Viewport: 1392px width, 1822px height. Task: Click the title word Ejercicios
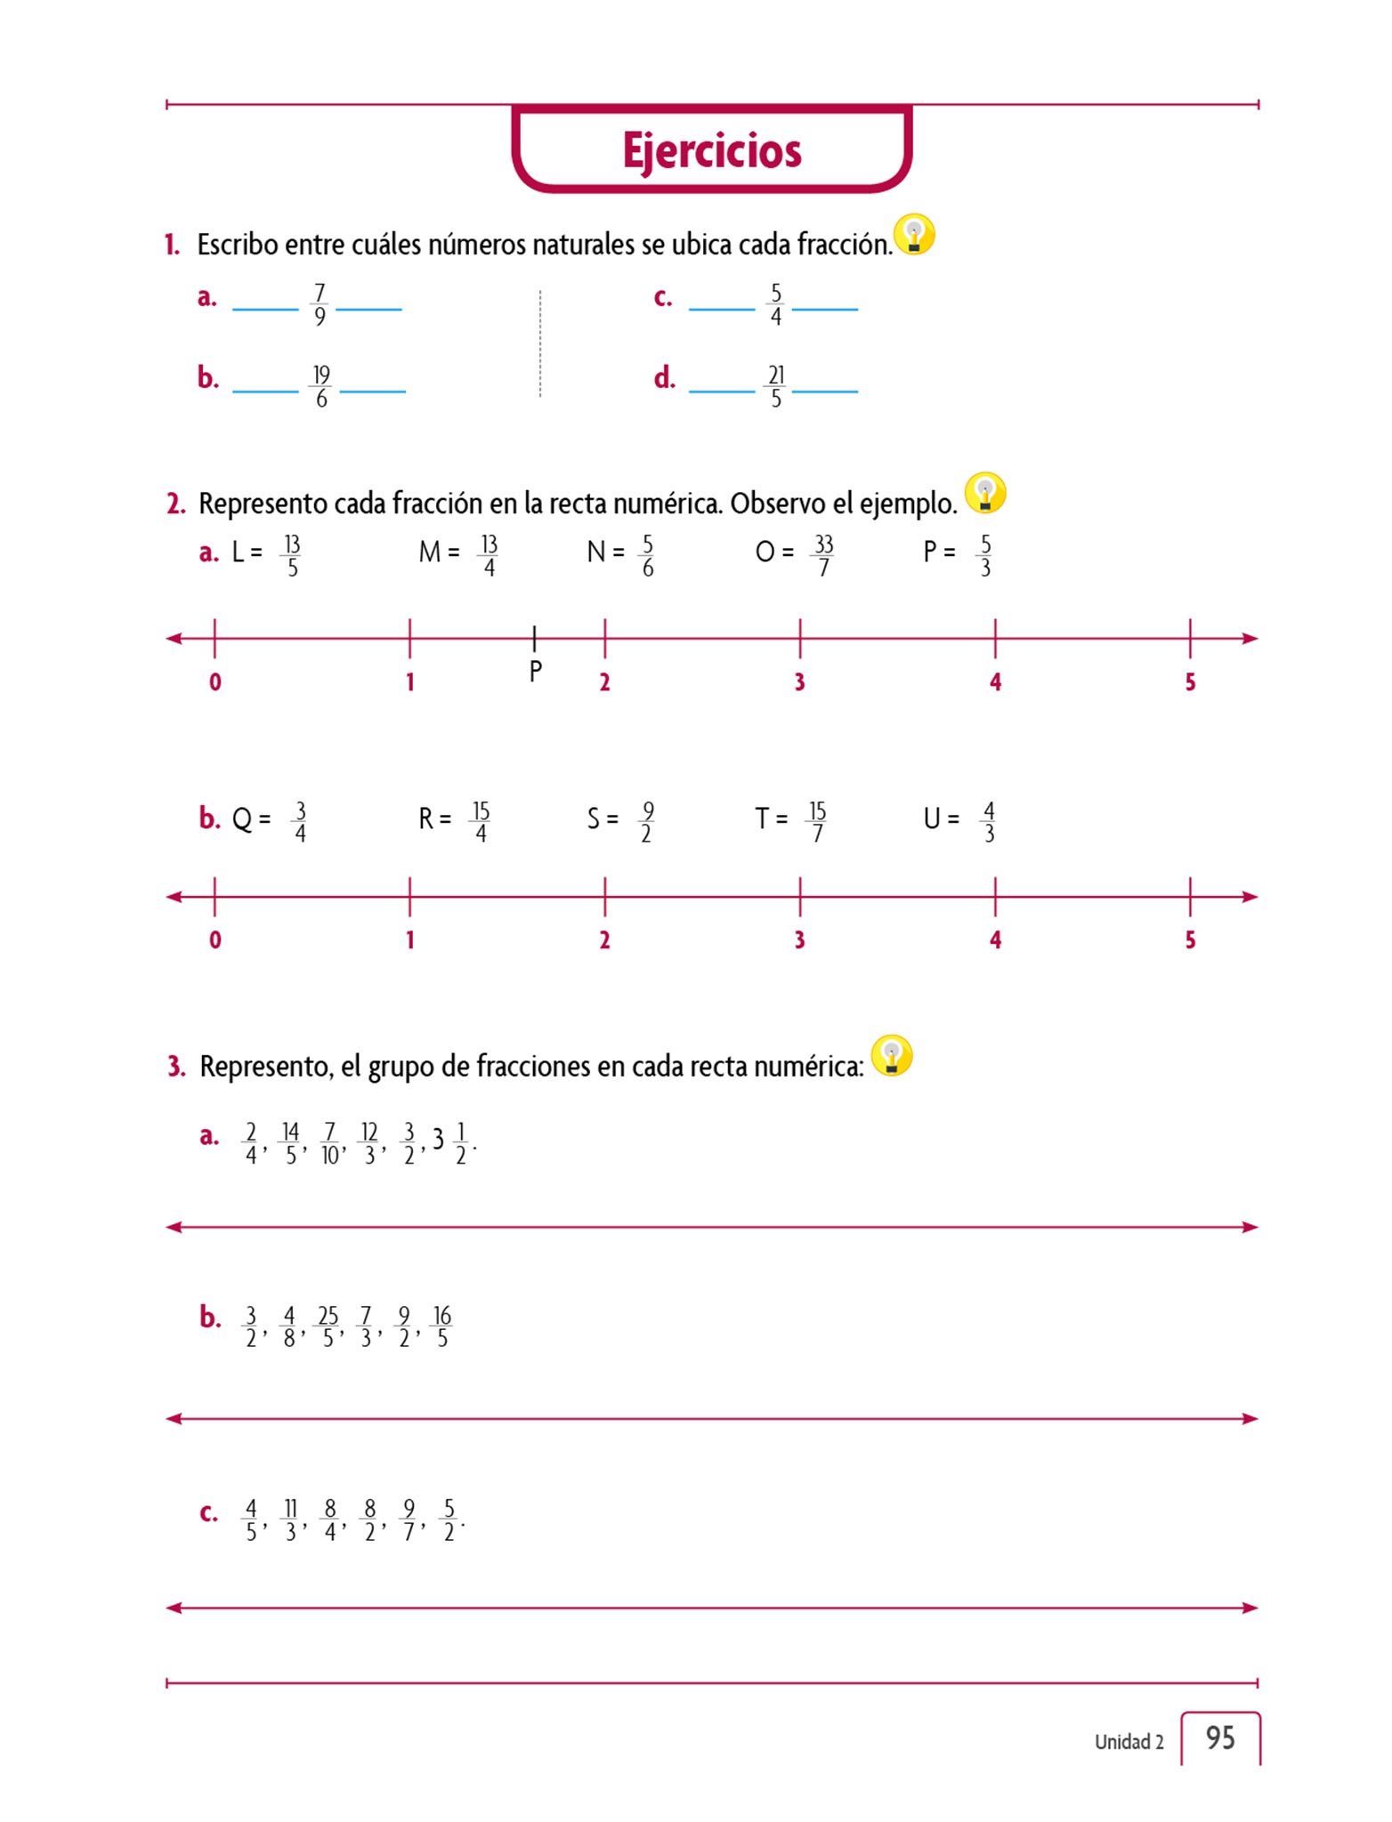click(x=711, y=150)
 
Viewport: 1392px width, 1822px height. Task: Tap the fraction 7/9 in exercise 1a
click(x=320, y=305)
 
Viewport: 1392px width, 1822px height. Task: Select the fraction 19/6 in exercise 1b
click(x=321, y=387)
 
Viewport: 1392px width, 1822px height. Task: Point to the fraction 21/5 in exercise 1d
click(x=776, y=387)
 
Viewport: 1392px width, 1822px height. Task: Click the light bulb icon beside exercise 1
click(x=914, y=235)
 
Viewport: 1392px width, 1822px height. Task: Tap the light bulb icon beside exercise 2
click(x=985, y=493)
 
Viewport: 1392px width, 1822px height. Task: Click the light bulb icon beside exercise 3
click(x=892, y=1056)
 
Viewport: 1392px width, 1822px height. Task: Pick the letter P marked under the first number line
click(x=535, y=671)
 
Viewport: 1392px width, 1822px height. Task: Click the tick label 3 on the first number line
click(x=799, y=682)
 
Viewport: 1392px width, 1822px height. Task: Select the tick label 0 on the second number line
click(x=214, y=940)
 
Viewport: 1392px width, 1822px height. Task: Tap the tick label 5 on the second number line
click(x=1190, y=940)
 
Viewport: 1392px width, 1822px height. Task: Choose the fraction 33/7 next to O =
click(x=823, y=556)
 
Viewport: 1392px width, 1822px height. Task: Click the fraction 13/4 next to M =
click(x=489, y=556)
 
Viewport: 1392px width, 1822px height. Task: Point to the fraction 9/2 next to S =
click(x=647, y=822)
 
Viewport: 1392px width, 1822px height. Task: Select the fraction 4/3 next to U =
click(x=988, y=822)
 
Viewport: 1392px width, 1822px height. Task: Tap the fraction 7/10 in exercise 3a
click(x=330, y=1143)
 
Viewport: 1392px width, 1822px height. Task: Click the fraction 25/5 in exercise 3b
click(x=328, y=1326)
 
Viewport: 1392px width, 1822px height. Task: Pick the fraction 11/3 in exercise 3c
click(x=290, y=1520)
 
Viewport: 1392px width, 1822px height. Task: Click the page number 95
click(x=1220, y=1737)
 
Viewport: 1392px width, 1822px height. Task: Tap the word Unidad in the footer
click(x=1121, y=1742)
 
